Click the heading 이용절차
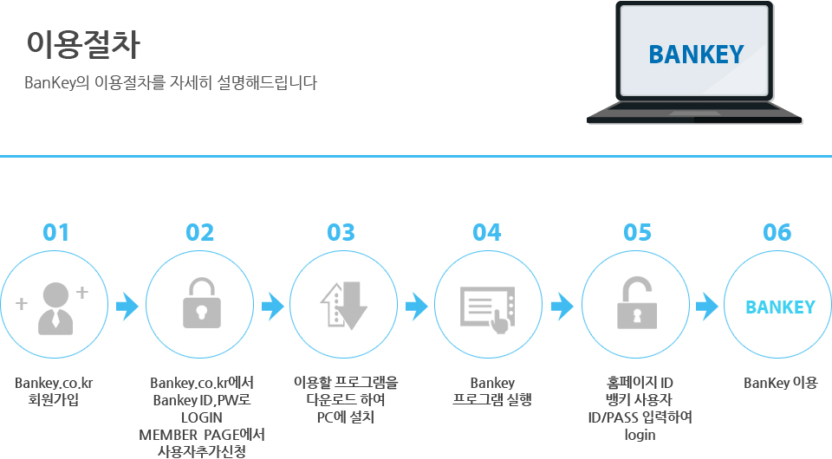point(83,44)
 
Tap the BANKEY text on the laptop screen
point(696,55)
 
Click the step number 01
point(55,233)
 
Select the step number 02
point(199,233)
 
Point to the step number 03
point(341,233)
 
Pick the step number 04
point(486,233)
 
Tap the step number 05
point(637,233)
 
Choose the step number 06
point(777,233)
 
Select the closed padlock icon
point(202,303)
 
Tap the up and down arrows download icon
point(344,306)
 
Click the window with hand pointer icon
point(487,310)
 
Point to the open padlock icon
point(637,302)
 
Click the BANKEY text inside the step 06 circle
point(780,307)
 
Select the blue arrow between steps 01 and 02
point(127,306)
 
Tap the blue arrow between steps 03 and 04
point(417,306)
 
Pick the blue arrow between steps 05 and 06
point(707,306)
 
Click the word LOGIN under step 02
point(202,417)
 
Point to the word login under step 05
point(640,435)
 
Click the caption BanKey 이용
point(781,383)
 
